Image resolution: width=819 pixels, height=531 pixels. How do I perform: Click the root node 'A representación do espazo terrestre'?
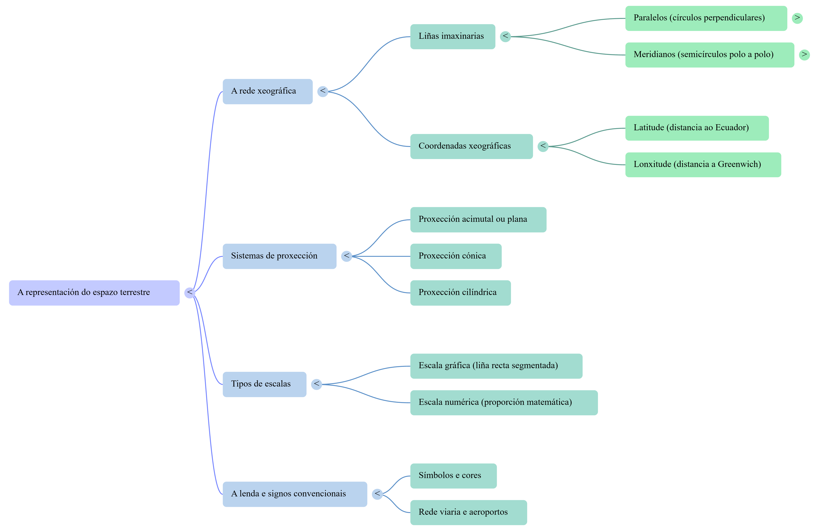94,293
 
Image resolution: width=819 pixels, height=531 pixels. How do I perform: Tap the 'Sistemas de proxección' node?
279,256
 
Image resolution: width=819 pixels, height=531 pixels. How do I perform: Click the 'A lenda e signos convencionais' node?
295,494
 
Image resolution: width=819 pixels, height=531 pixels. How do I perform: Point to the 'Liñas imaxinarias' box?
453,36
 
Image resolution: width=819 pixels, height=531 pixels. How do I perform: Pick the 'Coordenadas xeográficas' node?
472,147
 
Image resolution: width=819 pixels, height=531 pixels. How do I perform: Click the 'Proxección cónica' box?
456,256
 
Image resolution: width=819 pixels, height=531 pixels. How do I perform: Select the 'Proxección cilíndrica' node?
460,293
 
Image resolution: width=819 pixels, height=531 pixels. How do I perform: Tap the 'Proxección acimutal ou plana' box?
478,220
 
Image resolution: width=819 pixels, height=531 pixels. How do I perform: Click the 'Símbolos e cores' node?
454,476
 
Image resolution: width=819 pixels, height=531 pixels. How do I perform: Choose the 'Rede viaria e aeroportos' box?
469,512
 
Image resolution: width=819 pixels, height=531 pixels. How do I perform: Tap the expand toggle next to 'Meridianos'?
804,55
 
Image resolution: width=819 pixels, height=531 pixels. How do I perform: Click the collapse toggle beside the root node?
190,293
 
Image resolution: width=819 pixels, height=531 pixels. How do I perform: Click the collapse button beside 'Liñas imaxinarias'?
505,36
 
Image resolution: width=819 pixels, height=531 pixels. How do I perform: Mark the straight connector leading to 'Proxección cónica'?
381,256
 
